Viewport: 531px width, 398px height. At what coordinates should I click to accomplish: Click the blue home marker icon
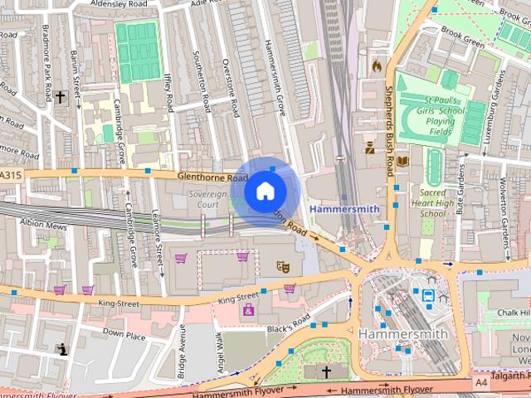tap(265, 191)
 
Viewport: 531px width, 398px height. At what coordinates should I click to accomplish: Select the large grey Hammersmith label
tap(403, 333)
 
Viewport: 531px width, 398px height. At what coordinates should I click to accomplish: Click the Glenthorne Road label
tap(212, 177)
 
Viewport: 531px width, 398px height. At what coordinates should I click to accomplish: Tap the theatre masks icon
tap(282, 266)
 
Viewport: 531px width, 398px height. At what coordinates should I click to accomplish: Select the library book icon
tap(402, 161)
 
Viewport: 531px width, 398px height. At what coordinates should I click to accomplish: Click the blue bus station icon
tap(429, 295)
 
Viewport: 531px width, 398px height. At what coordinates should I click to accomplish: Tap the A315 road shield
tap(11, 175)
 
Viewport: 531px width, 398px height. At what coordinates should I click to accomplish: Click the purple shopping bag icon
tap(247, 310)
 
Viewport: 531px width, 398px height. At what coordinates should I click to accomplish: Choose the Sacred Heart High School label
tap(433, 201)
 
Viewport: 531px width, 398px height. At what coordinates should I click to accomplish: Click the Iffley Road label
tap(169, 92)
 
